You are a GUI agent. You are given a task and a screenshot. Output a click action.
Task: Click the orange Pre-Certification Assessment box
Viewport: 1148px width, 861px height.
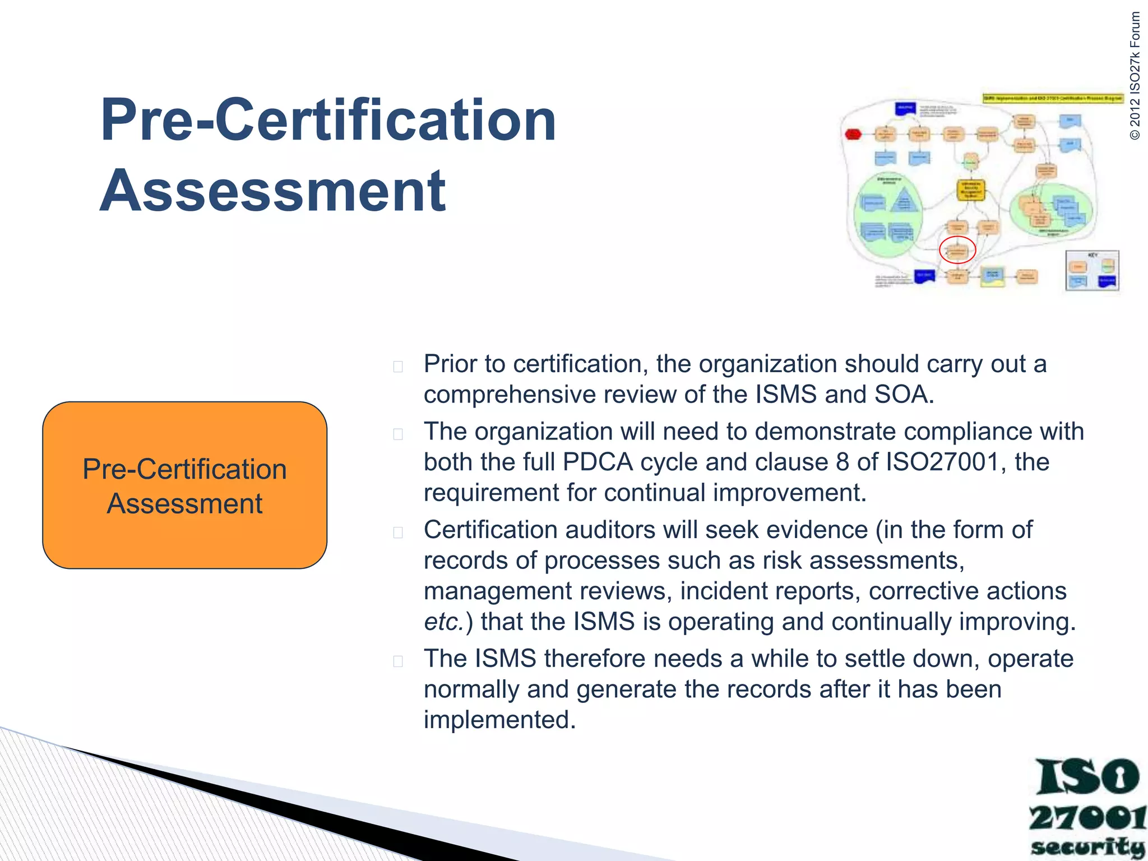click(x=184, y=485)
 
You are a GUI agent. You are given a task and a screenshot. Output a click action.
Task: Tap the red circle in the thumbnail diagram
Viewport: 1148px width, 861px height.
click(x=957, y=250)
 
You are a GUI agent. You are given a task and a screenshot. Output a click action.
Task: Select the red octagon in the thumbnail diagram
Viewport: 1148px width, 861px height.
click(x=853, y=134)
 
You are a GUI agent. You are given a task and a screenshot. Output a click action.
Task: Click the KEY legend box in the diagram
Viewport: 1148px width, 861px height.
click(x=1092, y=271)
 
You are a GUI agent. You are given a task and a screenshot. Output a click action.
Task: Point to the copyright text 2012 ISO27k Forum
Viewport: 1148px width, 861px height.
click(x=1135, y=76)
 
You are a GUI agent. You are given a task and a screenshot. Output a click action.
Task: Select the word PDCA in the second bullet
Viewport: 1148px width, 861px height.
click(x=598, y=462)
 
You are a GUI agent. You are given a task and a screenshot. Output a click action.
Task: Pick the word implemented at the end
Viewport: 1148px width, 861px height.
click(x=499, y=720)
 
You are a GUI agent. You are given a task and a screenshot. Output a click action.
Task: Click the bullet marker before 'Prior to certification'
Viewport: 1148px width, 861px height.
click(x=398, y=367)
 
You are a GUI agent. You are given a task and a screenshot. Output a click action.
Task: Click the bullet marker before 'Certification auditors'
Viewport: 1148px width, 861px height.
click(x=398, y=532)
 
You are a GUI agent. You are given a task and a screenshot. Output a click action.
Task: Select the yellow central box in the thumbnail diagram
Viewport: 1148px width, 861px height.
click(x=970, y=189)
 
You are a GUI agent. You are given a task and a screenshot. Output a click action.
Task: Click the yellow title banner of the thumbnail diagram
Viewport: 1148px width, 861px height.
click(x=1053, y=98)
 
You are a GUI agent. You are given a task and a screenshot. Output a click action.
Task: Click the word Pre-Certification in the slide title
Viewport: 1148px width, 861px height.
click(x=328, y=120)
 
